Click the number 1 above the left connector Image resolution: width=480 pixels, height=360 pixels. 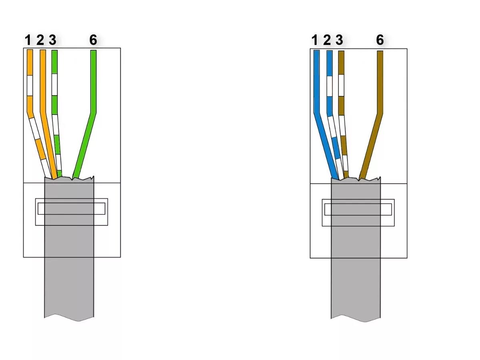pos(28,40)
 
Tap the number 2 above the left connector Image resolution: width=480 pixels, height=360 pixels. pos(40,40)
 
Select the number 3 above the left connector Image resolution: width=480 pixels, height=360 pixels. pos(52,40)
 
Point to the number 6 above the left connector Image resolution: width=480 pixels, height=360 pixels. pos(93,40)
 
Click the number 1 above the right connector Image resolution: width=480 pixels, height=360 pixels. pos(314,40)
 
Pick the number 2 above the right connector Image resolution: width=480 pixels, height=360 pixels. pos(327,40)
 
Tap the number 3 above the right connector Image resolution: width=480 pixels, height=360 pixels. pos(340,40)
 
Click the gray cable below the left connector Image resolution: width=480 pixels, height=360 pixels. pos(69,288)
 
